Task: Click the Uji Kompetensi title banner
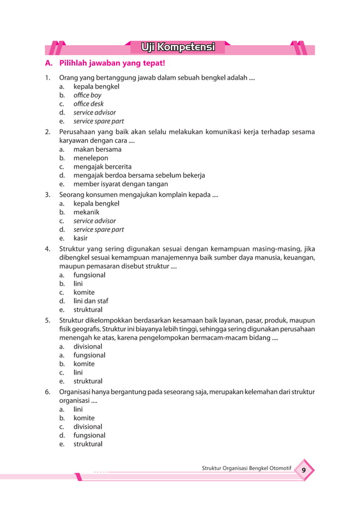pyautogui.click(x=178, y=46)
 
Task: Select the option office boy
pyautogui.click(x=87, y=95)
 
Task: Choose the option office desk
pyautogui.click(x=89, y=104)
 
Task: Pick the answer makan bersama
pyautogui.click(x=97, y=149)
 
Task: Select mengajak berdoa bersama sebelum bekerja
pyautogui.click(x=139, y=175)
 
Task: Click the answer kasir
pyautogui.click(x=81, y=238)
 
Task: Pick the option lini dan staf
pyautogui.click(x=90, y=301)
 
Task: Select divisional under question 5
pyautogui.click(x=87, y=346)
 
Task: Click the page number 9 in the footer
pyautogui.click(x=304, y=471)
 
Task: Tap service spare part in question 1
pyautogui.click(x=98, y=121)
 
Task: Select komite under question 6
pyautogui.click(x=84, y=418)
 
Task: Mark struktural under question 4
pyautogui.click(x=88, y=310)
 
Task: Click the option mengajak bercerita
pyautogui.click(x=102, y=166)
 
